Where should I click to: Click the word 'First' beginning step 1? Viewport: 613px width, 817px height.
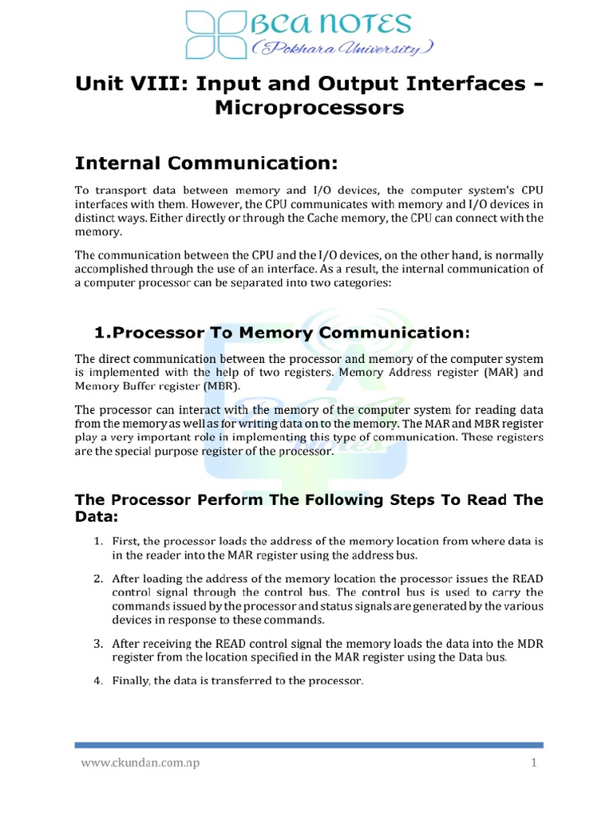click(125, 541)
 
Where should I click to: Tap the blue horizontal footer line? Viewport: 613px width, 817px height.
click(309, 745)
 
